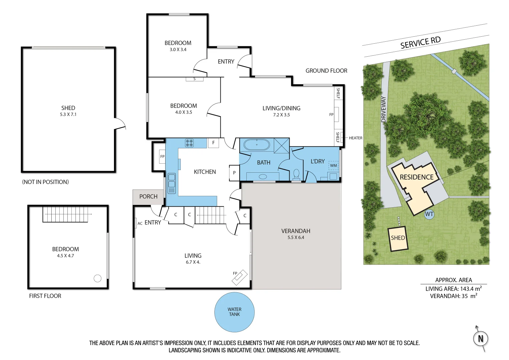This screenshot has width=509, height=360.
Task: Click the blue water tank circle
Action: (234, 312)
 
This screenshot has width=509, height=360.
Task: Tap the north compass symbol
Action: (480, 339)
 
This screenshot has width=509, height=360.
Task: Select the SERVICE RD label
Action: (420, 43)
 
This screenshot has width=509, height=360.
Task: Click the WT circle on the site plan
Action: (429, 214)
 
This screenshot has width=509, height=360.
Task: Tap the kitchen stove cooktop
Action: (189, 143)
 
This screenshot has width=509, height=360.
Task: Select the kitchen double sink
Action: (172, 183)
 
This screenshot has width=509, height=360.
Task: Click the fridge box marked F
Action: (213, 143)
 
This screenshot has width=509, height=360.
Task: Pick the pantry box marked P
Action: (234, 173)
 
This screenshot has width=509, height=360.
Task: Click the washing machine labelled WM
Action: (333, 166)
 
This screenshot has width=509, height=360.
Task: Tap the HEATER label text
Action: (355, 138)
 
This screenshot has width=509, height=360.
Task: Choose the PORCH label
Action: (148, 197)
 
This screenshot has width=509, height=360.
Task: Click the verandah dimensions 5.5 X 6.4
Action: (296, 238)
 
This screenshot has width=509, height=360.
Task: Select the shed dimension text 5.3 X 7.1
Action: (68, 114)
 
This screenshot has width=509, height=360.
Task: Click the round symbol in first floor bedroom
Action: (97, 278)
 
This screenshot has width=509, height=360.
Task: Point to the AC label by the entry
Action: (140, 223)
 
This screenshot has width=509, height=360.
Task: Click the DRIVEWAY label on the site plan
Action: (384, 109)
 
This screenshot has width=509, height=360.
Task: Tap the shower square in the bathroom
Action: (282, 146)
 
